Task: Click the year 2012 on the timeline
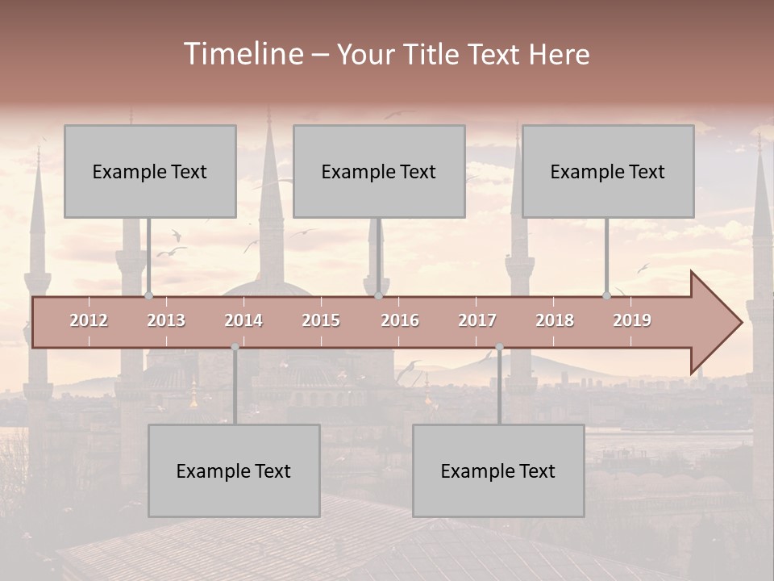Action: pyautogui.click(x=89, y=320)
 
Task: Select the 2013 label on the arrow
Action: pyautogui.click(x=166, y=320)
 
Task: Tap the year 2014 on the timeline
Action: pyautogui.click(x=243, y=320)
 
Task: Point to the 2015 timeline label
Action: pyautogui.click(x=321, y=320)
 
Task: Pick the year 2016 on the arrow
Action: pyautogui.click(x=400, y=320)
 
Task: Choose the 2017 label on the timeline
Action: pyautogui.click(x=477, y=320)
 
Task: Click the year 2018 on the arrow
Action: pyautogui.click(x=555, y=320)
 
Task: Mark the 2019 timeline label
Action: pyautogui.click(x=632, y=320)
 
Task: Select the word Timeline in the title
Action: pyautogui.click(x=243, y=54)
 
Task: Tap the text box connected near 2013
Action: pyautogui.click(x=150, y=171)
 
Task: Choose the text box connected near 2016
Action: pyautogui.click(x=379, y=171)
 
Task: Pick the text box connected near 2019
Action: pyautogui.click(x=608, y=171)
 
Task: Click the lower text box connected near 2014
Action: pyautogui.click(x=234, y=470)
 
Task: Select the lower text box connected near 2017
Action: pyautogui.click(x=498, y=470)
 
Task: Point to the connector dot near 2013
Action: pyautogui.click(x=149, y=296)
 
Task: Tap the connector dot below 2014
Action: pyautogui.click(x=235, y=347)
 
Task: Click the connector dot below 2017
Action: pyautogui.click(x=499, y=347)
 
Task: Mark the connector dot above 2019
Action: pyautogui.click(x=607, y=296)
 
